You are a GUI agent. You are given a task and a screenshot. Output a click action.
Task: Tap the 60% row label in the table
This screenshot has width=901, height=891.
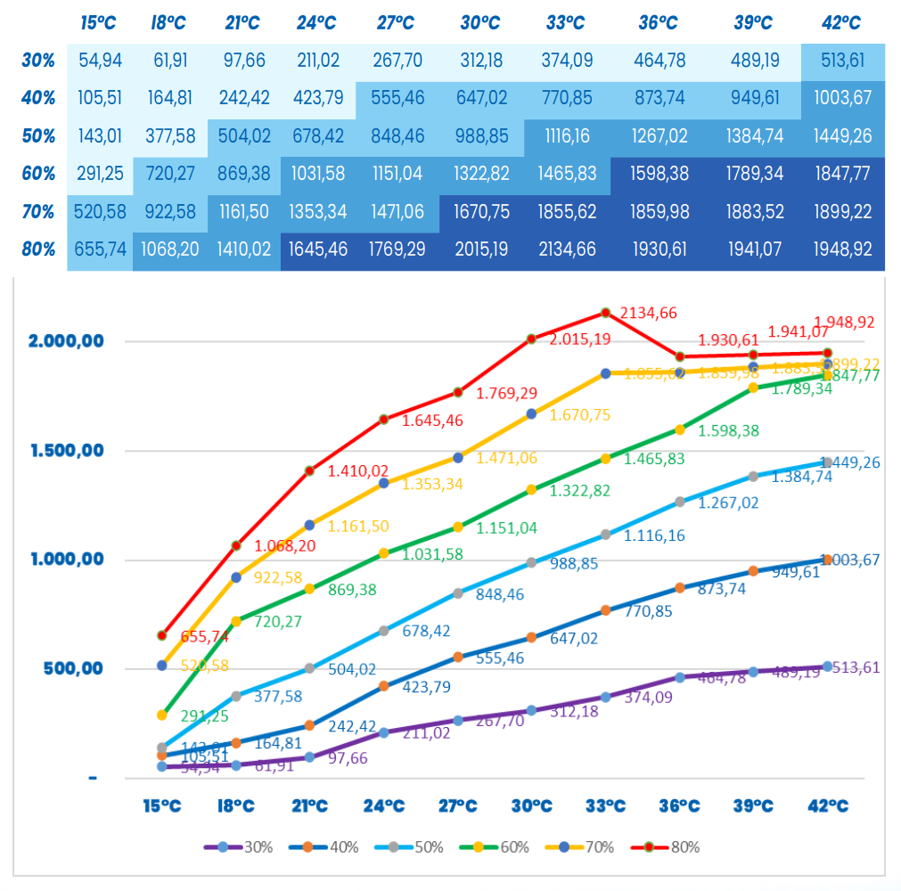[38, 174]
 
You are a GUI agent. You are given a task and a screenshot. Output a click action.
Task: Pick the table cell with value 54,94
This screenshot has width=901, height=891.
[101, 61]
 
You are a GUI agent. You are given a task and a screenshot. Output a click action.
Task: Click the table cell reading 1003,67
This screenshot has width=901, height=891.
[842, 98]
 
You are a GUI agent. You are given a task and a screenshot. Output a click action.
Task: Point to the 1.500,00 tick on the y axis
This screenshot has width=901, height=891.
[67, 451]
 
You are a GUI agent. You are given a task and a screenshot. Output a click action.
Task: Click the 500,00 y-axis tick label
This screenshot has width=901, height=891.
[75, 669]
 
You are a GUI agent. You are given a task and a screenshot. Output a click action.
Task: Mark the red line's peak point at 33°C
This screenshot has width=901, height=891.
[605, 313]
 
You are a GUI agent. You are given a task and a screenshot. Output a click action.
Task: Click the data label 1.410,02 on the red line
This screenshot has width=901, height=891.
[359, 470]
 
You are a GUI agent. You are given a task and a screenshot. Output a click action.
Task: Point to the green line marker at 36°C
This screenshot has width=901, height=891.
[679, 429]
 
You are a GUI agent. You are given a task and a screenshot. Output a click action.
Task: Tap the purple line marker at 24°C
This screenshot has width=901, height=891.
[384, 732]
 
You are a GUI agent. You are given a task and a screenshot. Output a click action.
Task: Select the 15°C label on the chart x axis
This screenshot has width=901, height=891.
[162, 806]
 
